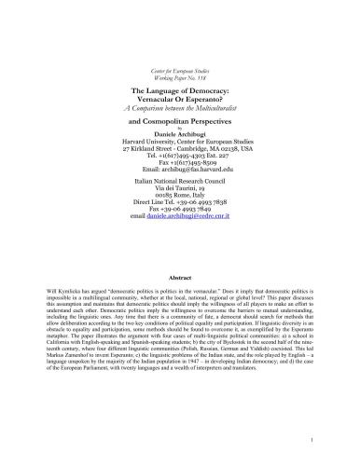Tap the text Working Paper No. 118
click(180, 77)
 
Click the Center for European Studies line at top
click(180, 70)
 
